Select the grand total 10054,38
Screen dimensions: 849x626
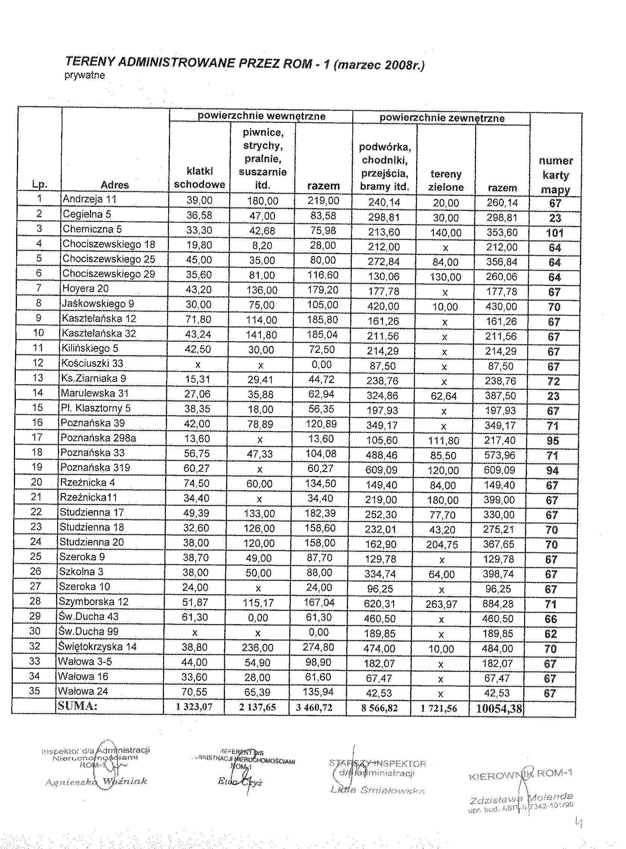click(499, 709)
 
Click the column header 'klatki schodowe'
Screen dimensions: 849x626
click(199, 178)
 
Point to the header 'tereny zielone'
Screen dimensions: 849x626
click(446, 180)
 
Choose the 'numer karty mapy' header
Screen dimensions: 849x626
click(556, 175)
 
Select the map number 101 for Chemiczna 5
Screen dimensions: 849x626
click(555, 233)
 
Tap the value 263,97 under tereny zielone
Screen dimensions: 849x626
click(441, 604)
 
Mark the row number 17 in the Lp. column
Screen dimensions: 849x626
click(37, 437)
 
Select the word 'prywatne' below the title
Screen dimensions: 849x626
click(85, 75)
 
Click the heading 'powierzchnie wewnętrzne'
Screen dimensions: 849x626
click(261, 116)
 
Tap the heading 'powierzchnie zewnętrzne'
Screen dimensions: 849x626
click(442, 118)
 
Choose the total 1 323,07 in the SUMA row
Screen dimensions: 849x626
click(194, 707)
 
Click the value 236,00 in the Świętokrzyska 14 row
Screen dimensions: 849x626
click(257, 648)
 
